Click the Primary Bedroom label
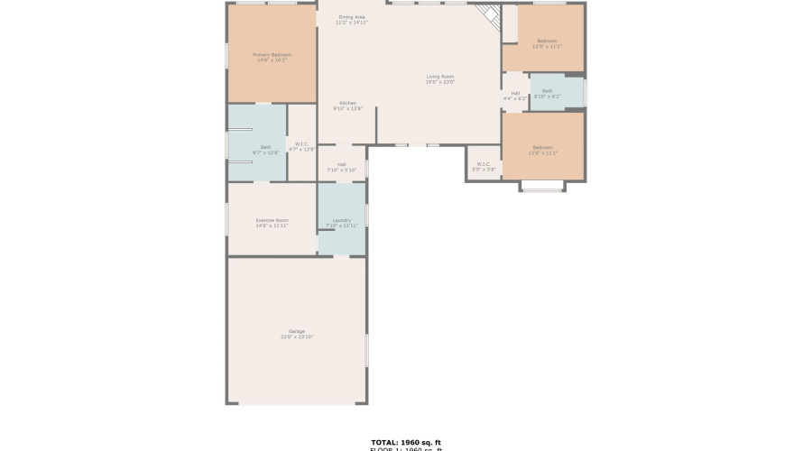(x=272, y=55)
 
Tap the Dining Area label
(x=352, y=17)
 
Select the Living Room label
(x=440, y=77)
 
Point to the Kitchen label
(x=348, y=103)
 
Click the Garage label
(x=297, y=331)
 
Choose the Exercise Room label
(x=272, y=220)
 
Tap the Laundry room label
(x=341, y=220)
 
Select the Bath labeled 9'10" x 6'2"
(x=548, y=90)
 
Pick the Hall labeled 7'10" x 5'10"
(x=342, y=164)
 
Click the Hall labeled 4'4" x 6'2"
(x=515, y=93)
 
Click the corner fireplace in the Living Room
(x=490, y=15)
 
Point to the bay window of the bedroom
(x=542, y=189)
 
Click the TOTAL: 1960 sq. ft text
(x=406, y=442)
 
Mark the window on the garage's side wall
(x=366, y=350)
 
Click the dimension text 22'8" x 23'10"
(x=297, y=336)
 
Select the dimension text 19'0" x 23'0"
(x=440, y=82)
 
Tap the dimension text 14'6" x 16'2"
(x=272, y=60)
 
